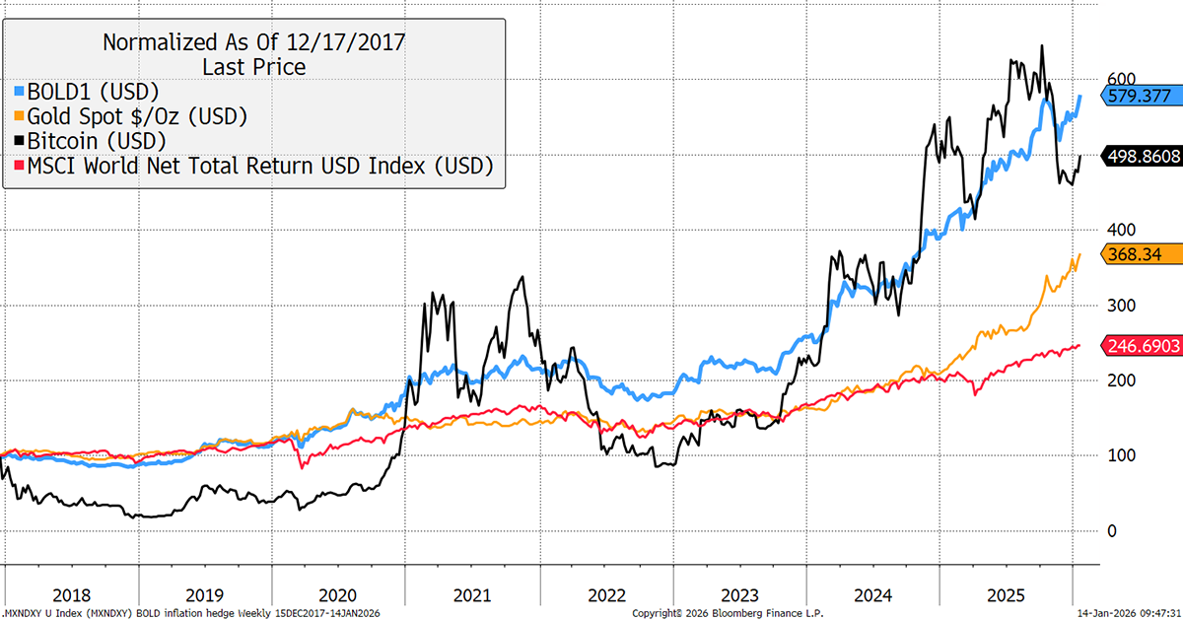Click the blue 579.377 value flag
(1135, 98)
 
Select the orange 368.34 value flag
(1130, 254)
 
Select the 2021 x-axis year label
(471, 596)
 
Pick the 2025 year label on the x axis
(1006, 596)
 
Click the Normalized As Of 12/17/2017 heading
(254, 42)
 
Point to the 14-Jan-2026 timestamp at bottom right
(1123, 613)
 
